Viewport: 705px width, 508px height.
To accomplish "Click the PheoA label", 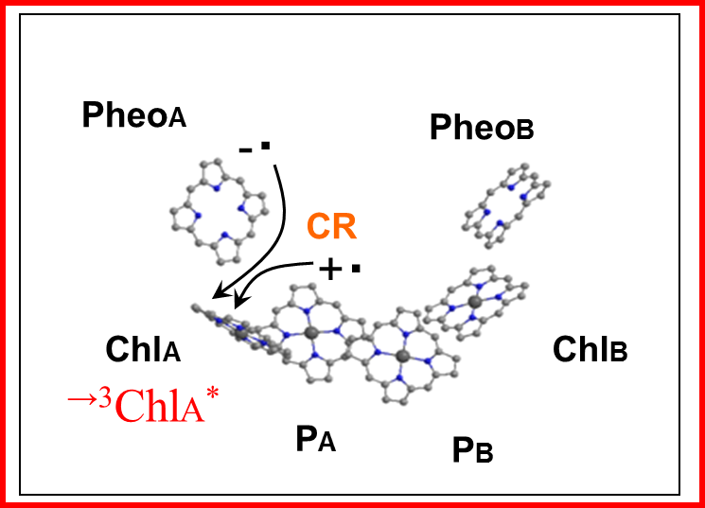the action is click(x=134, y=115).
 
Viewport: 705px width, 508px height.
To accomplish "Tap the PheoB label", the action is click(x=482, y=127).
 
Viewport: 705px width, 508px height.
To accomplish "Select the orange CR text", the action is click(x=332, y=226).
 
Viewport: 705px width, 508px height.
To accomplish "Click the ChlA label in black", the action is click(x=143, y=349).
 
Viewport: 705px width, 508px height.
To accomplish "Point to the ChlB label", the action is click(x=590, y=349).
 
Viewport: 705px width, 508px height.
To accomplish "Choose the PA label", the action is click(x=316, y=438).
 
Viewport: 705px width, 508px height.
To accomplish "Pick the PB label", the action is click(x=472, y=449).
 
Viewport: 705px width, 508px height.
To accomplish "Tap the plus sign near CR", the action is click(x=330, y=270).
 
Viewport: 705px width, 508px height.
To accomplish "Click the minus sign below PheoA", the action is click(x=245, y=150).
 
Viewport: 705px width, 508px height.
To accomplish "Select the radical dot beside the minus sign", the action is click(x=265, y=146).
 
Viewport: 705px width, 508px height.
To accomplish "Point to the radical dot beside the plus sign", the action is click(x=356, y=269).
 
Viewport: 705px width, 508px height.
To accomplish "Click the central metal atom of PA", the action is click(x=310, y=333).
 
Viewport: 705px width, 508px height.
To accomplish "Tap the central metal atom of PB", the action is click(x=403, y=357).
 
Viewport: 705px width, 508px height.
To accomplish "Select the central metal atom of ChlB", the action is click(x=474, y=302).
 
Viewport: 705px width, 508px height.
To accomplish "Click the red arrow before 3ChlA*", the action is click(x=82, y=398).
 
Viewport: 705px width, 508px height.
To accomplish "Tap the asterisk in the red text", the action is click(x=212, y=394).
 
